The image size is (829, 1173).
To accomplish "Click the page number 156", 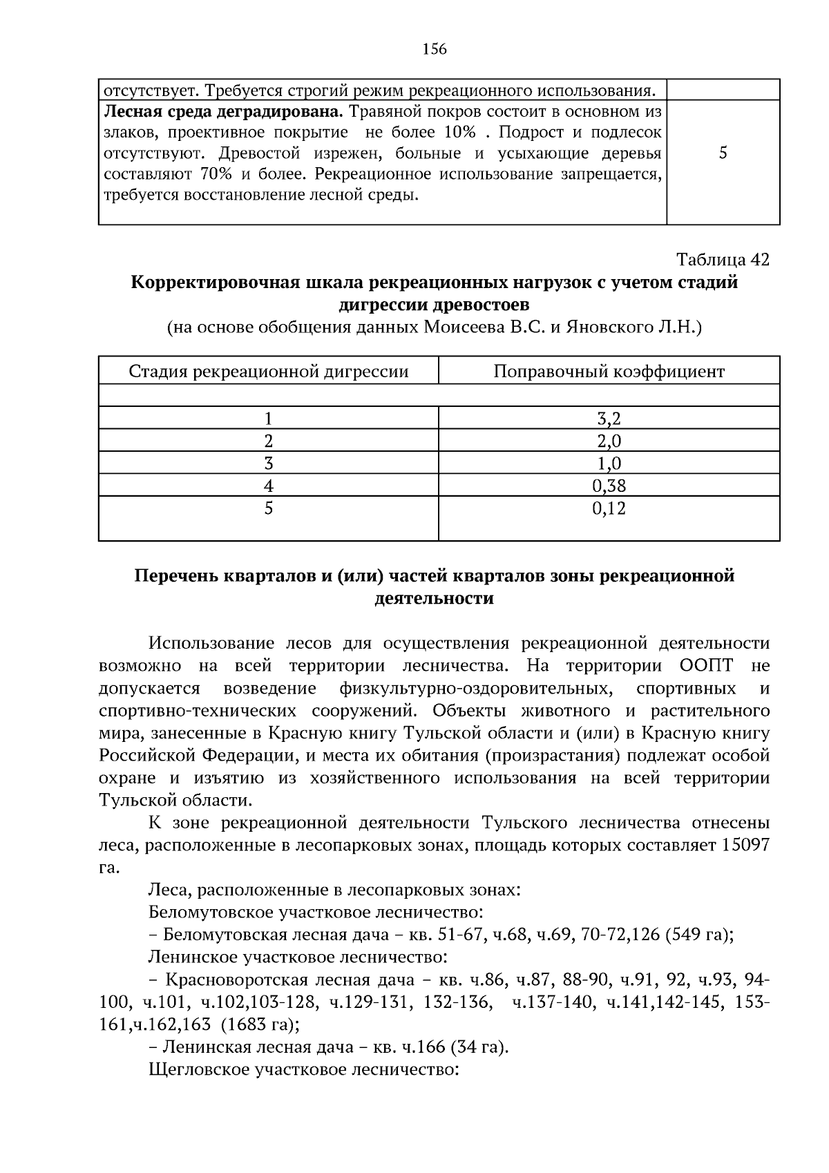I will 435,49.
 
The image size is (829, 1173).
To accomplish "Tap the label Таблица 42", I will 723,260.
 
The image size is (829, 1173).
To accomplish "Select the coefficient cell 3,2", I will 609,419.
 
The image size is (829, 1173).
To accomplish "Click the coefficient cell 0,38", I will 609,486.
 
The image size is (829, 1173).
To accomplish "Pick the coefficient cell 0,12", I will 609,509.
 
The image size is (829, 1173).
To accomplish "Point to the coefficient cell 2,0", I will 609,441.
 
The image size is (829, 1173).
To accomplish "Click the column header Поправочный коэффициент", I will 609,372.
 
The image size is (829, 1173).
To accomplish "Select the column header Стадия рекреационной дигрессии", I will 269,372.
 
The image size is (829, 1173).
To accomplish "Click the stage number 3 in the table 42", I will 269,464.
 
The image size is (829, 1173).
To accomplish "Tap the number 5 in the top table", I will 723,153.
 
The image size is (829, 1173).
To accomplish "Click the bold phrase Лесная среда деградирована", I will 222,111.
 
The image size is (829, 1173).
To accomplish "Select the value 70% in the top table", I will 216,174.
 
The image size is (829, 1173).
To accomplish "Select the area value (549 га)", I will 699,935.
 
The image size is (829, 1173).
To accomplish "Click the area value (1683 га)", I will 255,1024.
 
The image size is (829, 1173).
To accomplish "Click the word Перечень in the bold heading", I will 175,576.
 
